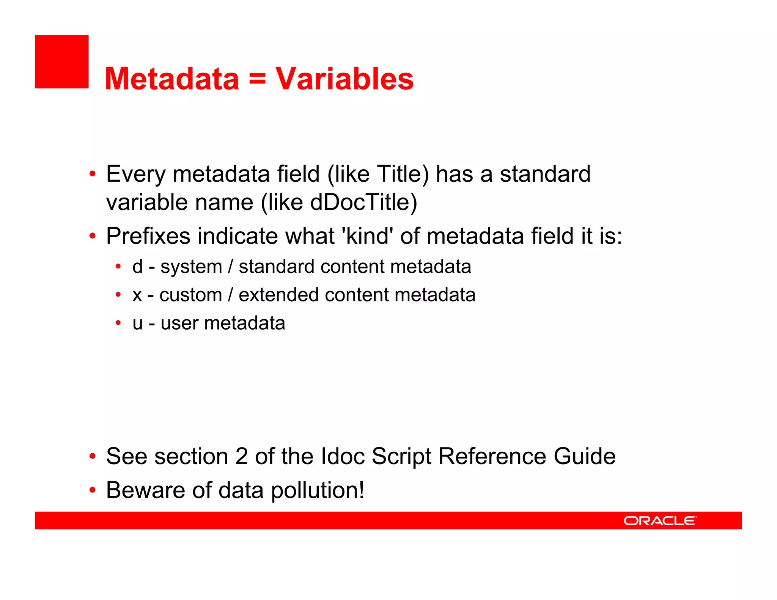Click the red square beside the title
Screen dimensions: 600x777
[62, 62]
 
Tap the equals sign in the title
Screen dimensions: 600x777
[257, 79]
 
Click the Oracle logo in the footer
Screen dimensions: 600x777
[660, 520]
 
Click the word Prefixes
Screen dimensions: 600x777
[148, 236]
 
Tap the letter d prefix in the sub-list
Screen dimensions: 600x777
[137, 266]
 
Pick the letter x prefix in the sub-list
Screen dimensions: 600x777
[137, 295]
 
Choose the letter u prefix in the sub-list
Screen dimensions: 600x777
[137, 324]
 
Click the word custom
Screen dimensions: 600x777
[190, 295]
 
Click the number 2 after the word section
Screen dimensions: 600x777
[241, 456]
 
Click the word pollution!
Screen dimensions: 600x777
[318, 490]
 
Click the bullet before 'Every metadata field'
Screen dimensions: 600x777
[92, 174]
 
